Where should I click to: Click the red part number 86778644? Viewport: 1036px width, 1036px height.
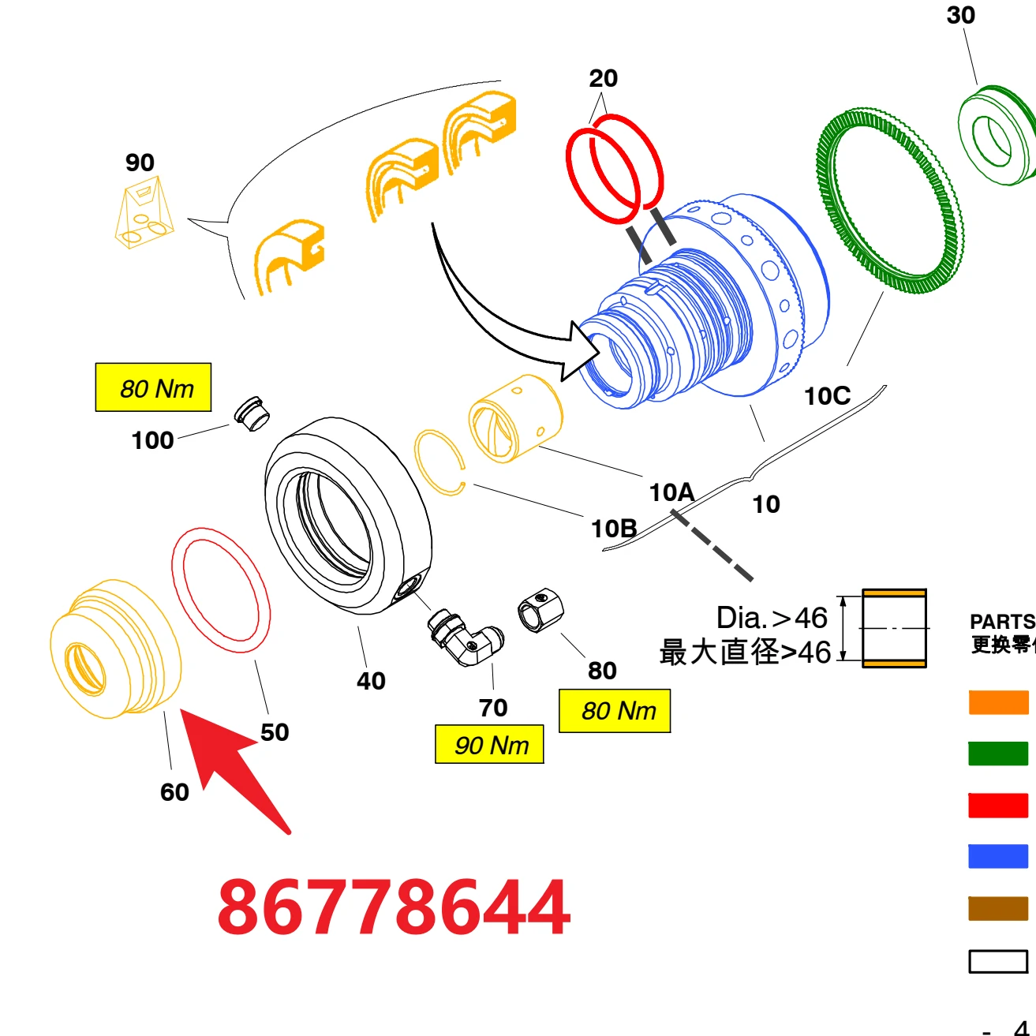tap(394, 907)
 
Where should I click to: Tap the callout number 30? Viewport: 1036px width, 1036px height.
tap(960, 15)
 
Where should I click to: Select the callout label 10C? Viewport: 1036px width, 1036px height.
tap(827, 396)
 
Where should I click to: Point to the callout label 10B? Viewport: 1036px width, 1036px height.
tap(614, 529)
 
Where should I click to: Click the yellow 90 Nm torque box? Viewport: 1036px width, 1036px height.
tap(490, 745)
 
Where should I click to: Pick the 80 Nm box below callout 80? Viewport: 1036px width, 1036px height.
tap(615, 711)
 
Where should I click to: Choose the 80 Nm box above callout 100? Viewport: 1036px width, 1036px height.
tap(154, 387)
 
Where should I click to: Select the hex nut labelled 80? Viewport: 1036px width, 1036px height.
tap(540, 610)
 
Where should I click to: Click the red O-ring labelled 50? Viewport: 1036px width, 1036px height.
tap(221, 590)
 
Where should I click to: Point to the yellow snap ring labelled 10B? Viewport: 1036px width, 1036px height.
tap(439, 462)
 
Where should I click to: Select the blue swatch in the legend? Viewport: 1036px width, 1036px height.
tap(998, 856)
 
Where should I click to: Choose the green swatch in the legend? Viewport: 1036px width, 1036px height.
tap(998, 754)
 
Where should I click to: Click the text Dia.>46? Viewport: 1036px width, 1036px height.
tap(771, 618)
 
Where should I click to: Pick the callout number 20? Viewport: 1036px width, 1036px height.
tap(604, 78)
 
